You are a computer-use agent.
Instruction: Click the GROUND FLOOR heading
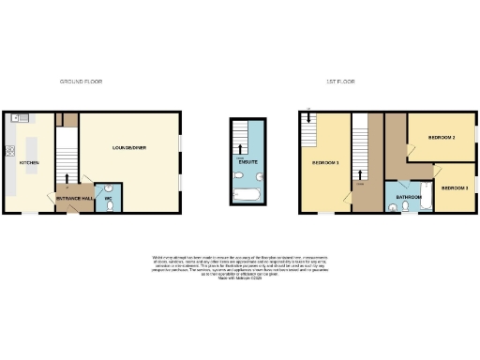[x=81, y=82]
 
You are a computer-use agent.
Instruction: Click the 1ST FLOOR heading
[x=338, y=82]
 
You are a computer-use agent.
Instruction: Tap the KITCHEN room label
[x=29, y=163]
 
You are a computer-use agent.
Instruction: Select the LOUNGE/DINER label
[x=128, y=147]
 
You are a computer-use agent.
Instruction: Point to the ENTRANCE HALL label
[x=74, y=199]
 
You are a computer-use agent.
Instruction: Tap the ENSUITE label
[x=248, y=161]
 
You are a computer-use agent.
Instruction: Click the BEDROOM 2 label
[x=442, y=138]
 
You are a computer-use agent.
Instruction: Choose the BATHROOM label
[x=408, y=197]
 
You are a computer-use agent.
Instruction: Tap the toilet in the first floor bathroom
[x=406, y=208]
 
